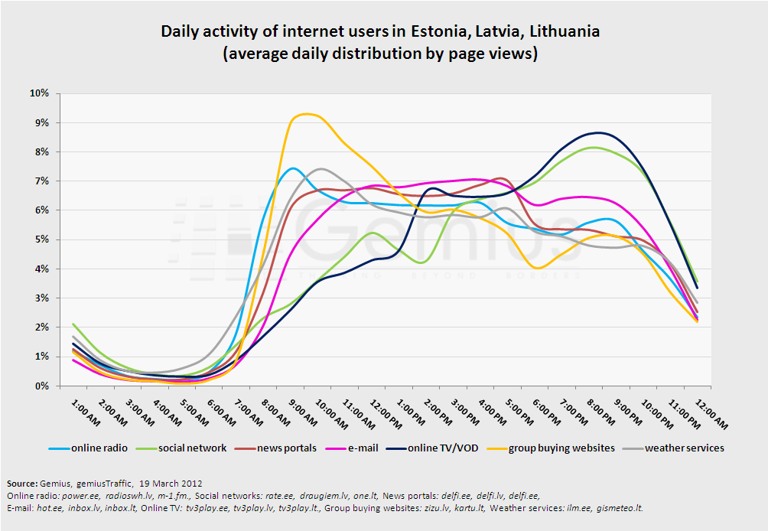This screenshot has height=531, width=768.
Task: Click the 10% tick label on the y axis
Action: point(39,93)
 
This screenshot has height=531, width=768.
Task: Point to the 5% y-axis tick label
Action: point(41,239)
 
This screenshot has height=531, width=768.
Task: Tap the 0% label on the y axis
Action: point(41,386)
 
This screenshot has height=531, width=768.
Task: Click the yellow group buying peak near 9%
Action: point(306,114)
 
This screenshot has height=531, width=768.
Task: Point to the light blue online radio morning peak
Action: point(293,168)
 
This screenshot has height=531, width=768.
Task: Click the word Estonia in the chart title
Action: point(438,32)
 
